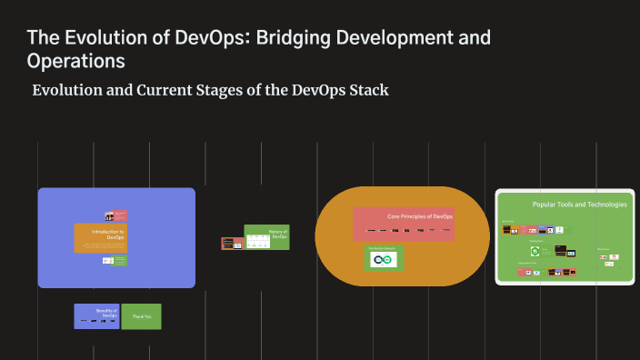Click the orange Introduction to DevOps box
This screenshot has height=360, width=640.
click(100, 237)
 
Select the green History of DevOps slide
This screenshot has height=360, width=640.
click(267, 237)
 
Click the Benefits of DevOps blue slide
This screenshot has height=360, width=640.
click(97, 315)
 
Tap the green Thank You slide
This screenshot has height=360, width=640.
click(141, 316)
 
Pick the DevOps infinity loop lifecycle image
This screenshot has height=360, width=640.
click(383, 261)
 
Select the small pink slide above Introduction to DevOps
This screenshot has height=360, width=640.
click(115, 216)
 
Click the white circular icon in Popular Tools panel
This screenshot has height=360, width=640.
click(535, 250)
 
